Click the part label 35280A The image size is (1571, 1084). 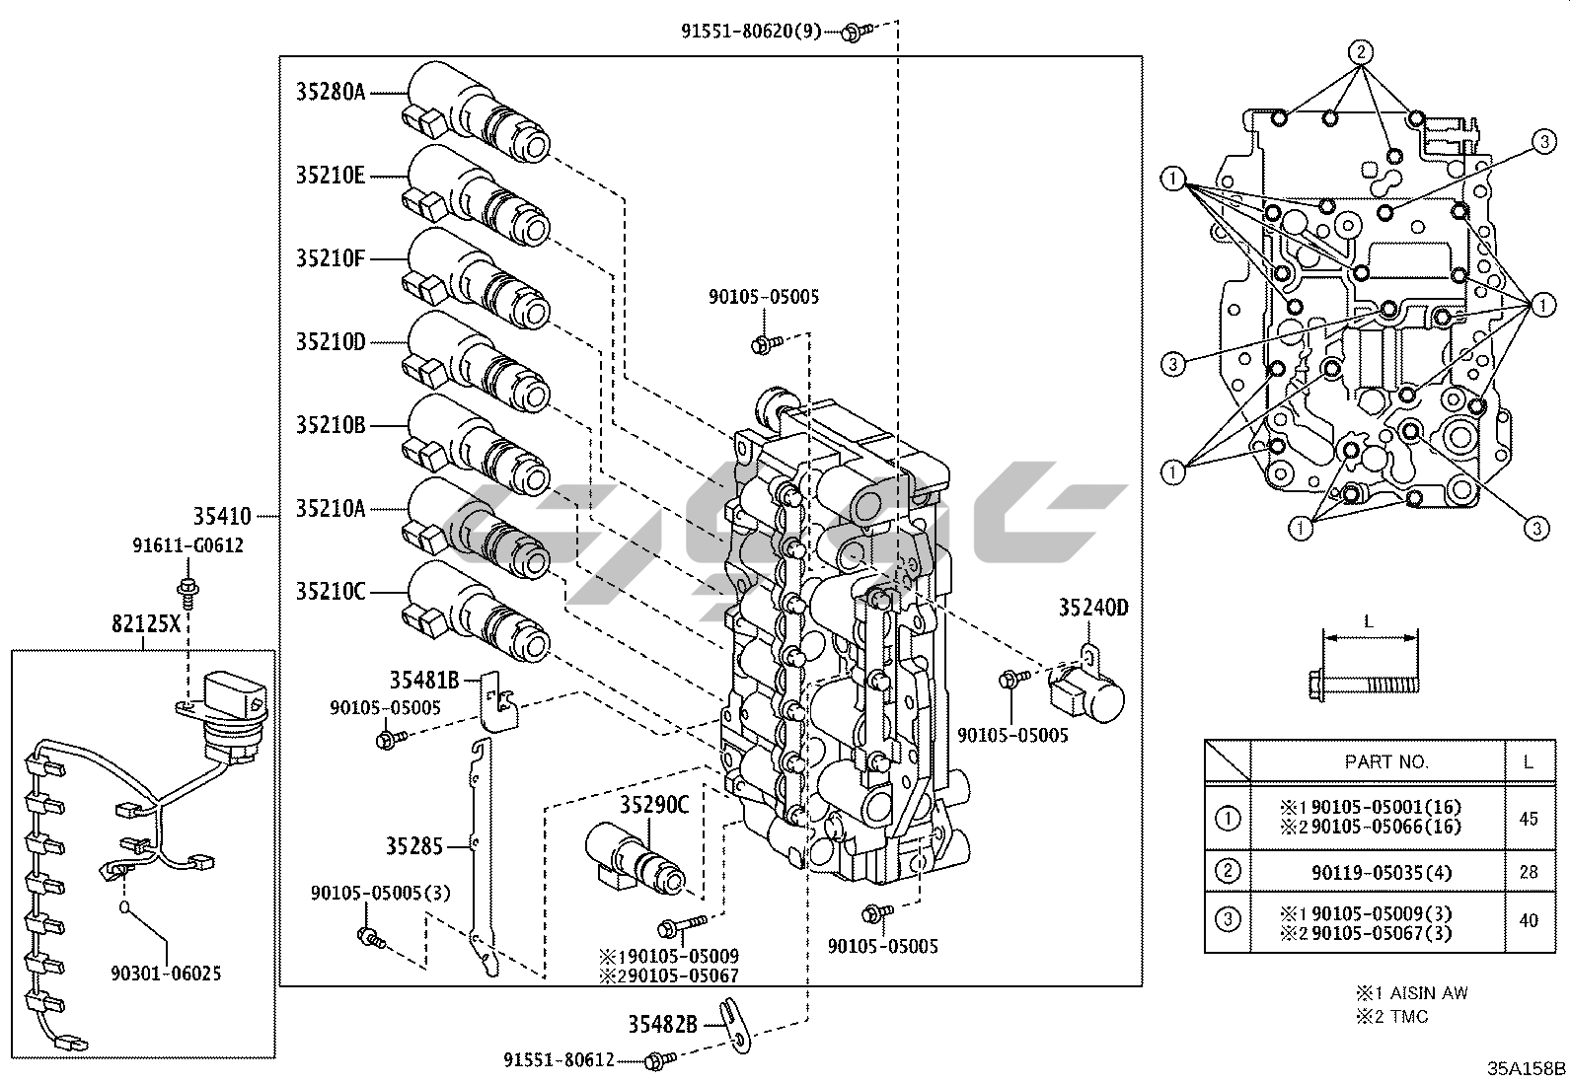(x=331, y=93)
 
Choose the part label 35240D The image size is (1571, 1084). (x=1093, y=608)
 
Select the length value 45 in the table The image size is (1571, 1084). (x=1529, y=818)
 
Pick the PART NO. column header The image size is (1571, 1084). (x=1386, y=761)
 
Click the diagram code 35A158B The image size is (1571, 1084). (x=1527, y=1068)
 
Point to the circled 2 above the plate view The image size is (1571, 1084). (x=1360, y=51)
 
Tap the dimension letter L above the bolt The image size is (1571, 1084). (x=1368, y=622)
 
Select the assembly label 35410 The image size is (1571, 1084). (x=222, y=516)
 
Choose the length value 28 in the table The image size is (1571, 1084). (x=1529, y=872)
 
